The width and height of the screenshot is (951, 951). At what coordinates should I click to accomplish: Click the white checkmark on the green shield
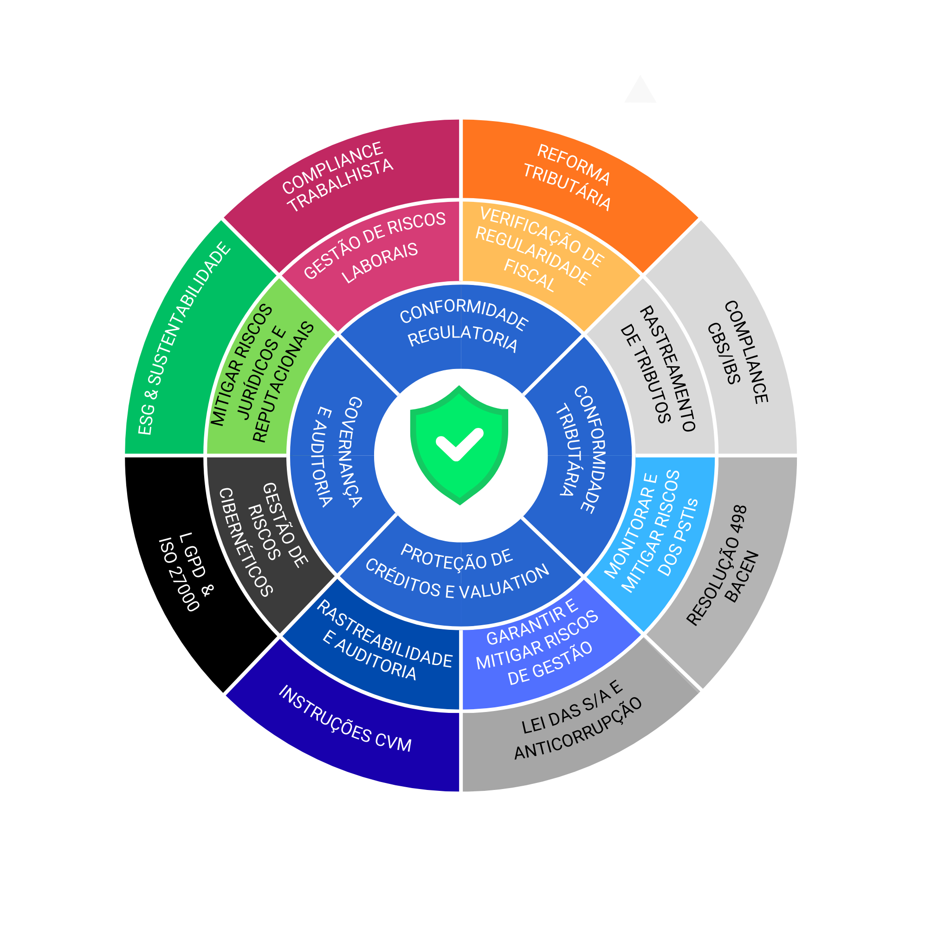coord(459,444)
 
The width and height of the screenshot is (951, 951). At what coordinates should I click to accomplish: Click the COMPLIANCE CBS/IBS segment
coord(738,352)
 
